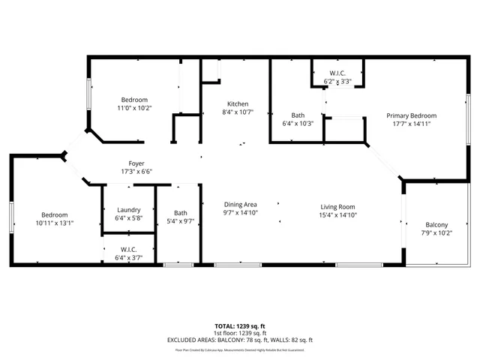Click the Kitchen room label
pos(238,104)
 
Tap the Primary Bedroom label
pos(411,115)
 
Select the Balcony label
pos(436,225)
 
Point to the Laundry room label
pos(127,210)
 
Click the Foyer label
pos(136,163)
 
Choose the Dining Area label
pos(241,205)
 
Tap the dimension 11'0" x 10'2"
pos(134,108)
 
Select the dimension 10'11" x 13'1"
pos(55,223)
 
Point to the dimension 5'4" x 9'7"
pos(181,221)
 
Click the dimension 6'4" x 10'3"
pos(297,124)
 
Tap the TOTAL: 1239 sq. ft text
pos(240,327)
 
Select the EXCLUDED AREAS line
pos(240,340)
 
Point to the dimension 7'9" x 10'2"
pos(436,233)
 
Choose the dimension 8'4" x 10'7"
pos(238,112)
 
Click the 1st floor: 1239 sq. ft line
pos(240,334)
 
